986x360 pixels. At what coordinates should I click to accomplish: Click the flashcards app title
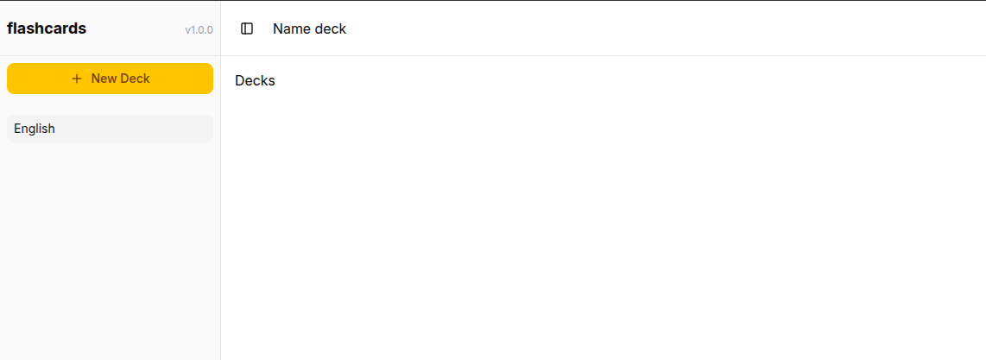[47, 28]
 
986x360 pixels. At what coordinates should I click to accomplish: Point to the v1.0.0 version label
[199, 30]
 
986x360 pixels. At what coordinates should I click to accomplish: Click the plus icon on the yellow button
[77, 79]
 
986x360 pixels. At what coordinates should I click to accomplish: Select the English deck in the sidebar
[110, 129]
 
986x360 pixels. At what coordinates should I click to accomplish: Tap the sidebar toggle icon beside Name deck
[247, 28]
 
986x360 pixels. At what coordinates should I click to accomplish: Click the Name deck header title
[309, 28]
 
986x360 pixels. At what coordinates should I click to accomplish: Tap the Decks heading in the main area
[255, 81]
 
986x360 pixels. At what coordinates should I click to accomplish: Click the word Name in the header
[292, 28]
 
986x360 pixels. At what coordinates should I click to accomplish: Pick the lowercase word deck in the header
[331, 28]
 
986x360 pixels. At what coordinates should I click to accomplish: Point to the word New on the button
[104, 79]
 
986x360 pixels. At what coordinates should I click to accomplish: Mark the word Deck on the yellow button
[135, 79]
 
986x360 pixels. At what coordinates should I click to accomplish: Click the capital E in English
[18, 129]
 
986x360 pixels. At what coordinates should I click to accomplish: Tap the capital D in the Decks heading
[240, 81]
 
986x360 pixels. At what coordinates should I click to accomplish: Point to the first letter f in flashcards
[9, 28]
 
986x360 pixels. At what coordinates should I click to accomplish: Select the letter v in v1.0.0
[187, 30]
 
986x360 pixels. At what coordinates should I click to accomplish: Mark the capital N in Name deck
[278, 28]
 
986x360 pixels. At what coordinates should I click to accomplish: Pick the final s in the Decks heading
[272, 81]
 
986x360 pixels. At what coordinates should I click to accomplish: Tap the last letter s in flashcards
[83, 28]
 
